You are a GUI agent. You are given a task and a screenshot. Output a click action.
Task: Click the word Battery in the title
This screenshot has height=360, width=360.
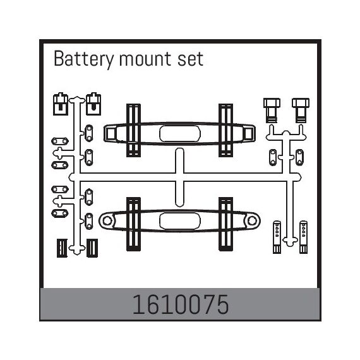pyautogui.click(x=83, y=59)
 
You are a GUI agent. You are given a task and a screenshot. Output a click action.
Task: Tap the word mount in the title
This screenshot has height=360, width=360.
pyautogui.click(x=145, y=59)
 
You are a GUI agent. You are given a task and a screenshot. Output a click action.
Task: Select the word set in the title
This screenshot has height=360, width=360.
pyautogui.click(x=190, y=59)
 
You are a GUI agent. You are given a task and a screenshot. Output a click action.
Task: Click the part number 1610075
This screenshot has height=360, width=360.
pyautogui.click(x=181, y=304)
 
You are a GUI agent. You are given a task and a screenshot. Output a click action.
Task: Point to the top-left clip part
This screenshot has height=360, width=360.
pyautogui.click(x=61, y=104)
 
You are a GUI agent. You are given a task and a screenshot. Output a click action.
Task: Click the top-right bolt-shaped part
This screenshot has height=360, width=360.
pyautogui.click(x=301, y=110)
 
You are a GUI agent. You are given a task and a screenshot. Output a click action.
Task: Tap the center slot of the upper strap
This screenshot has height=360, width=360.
pyautogui.click(x=180, y=134)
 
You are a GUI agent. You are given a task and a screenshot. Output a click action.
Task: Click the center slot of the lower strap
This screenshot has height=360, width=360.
pyautogui.click(x=180, y=221)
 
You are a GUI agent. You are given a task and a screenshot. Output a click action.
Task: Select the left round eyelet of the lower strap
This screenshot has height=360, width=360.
pyautogui.click(x=107, y=221)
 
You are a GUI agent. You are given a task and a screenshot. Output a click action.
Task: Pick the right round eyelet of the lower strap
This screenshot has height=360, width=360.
pyautogui.click(x=252, y=221)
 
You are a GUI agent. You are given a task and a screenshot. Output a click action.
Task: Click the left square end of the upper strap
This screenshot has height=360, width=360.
pyautogui.click(x=111, y=134)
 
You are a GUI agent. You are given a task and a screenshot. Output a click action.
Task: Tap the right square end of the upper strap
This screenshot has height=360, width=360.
pyautogui.click(x=248, y=134)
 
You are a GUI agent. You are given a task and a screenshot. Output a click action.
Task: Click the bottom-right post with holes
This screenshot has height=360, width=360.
pyautogui.click(x=304, y=237)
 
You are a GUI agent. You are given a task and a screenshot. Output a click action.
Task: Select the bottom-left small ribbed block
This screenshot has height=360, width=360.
pyautogui.click(x=62, y=248)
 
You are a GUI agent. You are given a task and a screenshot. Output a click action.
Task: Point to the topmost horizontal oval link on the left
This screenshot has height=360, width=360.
pyautogui.click(x=60, y=141)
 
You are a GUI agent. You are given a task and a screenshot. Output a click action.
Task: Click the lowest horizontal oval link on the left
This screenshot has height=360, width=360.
pyautogui.click(x=60, y=213)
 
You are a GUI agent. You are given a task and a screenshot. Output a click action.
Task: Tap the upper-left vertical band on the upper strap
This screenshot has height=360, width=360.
pyautogui.click(x=133, y=130)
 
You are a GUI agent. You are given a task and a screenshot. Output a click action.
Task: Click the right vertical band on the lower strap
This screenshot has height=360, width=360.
pyautogui.click(x=225, y=224)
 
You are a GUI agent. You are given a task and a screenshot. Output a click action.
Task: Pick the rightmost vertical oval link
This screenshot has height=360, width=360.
pyautogui.click(x=299, y=157)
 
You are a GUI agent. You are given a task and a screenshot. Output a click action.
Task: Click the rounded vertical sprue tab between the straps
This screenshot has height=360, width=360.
pyautogui.click(x=179, y=177)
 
